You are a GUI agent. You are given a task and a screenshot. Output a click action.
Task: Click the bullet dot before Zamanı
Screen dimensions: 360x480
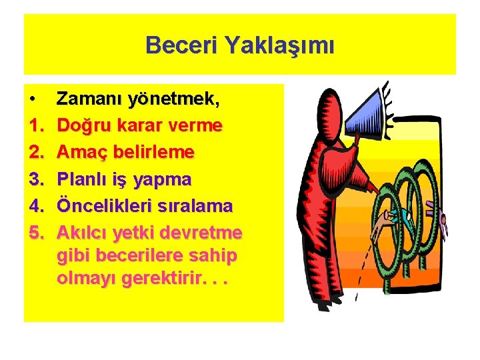click(x=33, y=100)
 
